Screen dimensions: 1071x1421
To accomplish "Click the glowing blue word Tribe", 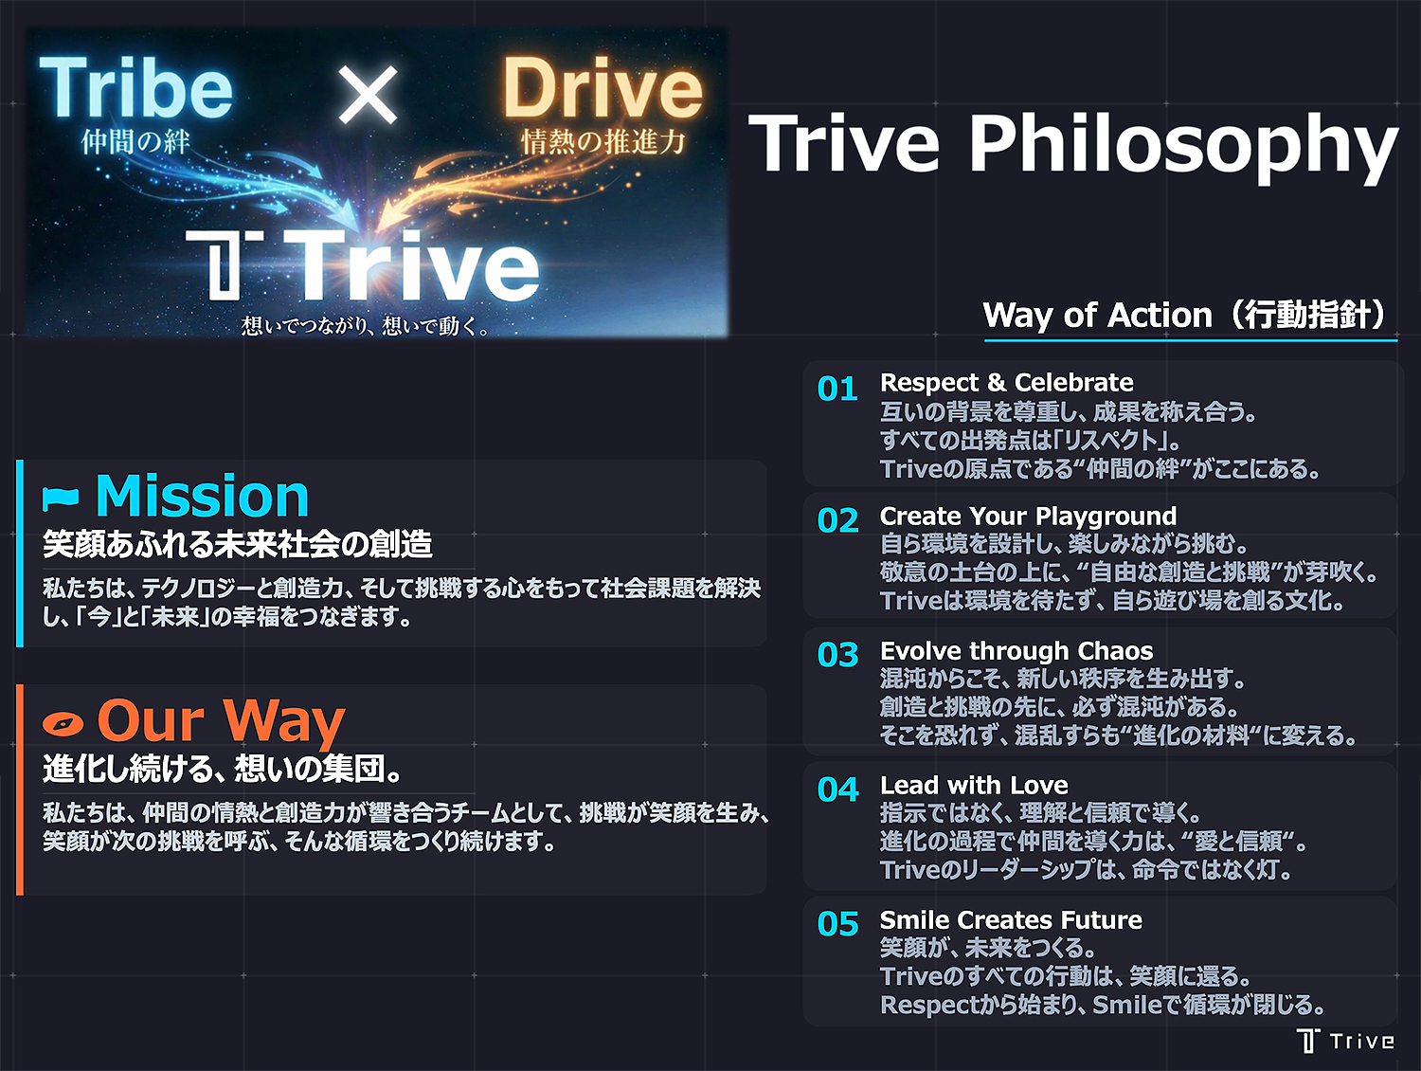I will [135, 88].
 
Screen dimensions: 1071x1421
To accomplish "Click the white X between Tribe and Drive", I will [368, 95].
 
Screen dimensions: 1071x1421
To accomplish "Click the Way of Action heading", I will [1188, 315].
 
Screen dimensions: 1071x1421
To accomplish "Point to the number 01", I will [837, 389].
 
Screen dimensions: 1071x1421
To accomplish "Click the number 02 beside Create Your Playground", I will [837, 520].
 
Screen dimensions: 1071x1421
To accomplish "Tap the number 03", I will [837, 655].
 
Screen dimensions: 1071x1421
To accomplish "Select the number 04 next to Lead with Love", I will [837, 790].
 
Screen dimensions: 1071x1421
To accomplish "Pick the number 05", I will [837, 924].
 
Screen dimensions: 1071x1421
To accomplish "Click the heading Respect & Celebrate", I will [1006, 382].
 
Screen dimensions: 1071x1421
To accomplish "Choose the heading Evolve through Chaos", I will [1016, 650].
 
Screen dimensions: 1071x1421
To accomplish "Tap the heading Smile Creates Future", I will [1011, 919].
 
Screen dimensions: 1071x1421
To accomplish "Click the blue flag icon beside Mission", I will [62, 497].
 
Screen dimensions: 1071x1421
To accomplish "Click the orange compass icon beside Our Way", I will [63, 724].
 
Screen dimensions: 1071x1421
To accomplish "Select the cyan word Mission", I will [203, 496].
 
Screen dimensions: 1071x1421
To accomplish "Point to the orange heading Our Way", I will [221, 720].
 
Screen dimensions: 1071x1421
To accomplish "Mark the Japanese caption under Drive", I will [603, 142].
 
